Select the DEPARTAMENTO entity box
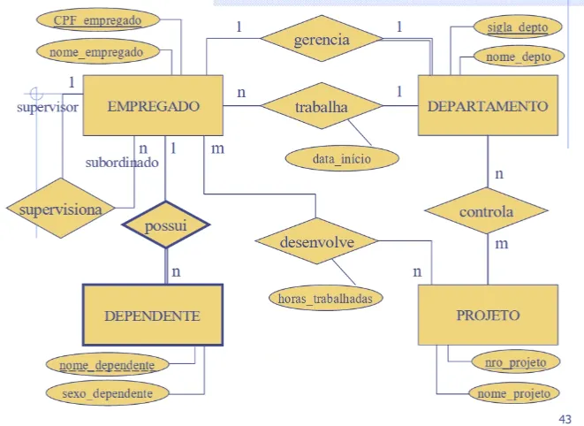[488, 105]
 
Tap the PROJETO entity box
[488, 315]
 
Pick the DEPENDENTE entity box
[152, 315]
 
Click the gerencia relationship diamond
[322, 40]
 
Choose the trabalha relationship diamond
[322, 107]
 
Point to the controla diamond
[486, 212]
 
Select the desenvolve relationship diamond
[316, 240]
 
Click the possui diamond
[166, 226]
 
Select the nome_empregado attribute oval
[102, 51]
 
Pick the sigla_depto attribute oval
[518, 27]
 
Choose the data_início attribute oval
[342, 159]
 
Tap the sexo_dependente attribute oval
[105, 392]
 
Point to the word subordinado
[121, 164]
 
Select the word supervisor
[48, 107]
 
